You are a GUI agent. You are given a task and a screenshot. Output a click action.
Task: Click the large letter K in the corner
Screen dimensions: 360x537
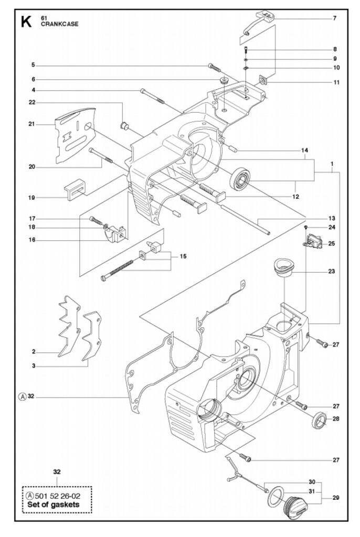tap(26, 21)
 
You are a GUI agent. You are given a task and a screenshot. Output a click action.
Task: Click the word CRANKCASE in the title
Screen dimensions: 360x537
tap(60, 24)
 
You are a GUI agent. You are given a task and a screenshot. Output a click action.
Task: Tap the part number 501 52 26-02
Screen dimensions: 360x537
tap(58, 496)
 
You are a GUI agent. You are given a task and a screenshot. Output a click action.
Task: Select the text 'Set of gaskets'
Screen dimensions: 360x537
tap(53, 504)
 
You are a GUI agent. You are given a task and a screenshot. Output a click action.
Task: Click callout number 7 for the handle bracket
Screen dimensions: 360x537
tap(335, 18)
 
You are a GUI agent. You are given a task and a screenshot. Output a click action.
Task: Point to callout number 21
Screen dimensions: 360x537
tap(31, 124)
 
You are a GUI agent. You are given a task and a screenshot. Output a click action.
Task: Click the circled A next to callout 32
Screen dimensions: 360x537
tap(22, 396)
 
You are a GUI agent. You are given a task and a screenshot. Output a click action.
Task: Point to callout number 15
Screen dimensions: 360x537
tap(184, 256)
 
